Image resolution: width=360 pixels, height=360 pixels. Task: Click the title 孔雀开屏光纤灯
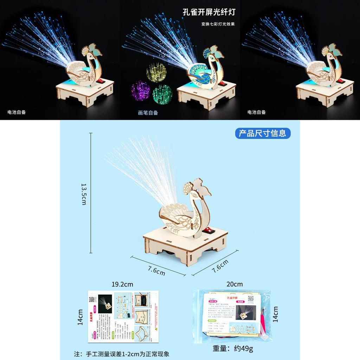click(x=209, y=12)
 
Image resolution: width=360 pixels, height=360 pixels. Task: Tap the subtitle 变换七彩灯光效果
click(x=218, y=24)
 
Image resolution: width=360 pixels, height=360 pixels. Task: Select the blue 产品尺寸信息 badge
click(x=263, y=133)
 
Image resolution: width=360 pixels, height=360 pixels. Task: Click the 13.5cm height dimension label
click(x=84, y=194)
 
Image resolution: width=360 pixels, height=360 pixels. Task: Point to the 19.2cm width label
click(x=122, y=284)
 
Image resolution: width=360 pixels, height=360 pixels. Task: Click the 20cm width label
click(x=235, y=284)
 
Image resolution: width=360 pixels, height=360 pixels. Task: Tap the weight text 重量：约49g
click(x=233, y=348)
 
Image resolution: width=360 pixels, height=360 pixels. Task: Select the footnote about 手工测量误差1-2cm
click(x=122, y=354)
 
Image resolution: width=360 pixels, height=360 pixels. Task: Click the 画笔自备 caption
click(x=148, y=113)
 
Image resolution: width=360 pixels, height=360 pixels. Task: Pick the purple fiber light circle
click(x=141, y=91)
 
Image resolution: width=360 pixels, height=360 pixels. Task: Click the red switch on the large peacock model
click(x=209, y=231)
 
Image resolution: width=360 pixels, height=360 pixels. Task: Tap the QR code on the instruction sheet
click(x=93, y=299)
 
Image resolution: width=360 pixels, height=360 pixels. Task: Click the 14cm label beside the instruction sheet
click(x=80, y=317)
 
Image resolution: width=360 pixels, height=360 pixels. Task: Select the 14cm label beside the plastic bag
click(x=275, y=314)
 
